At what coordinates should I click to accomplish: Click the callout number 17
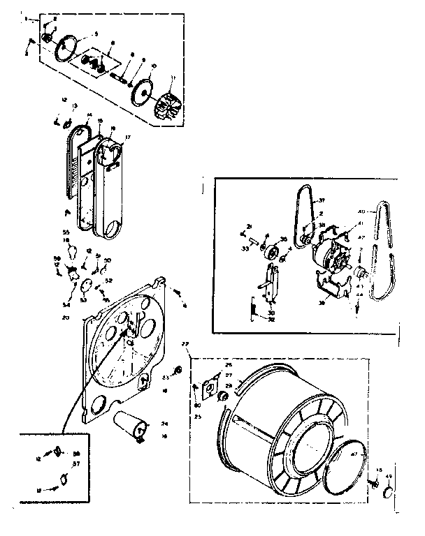click(127, 137)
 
